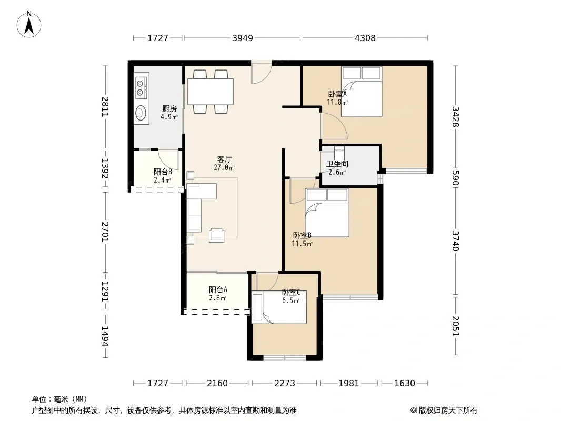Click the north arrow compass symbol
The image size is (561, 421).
(x=29, y=24)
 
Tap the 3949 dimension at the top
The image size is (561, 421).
(x=243, y=38)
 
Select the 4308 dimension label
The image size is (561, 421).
(x=365, y=38)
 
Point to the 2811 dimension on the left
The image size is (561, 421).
(x=105, y=107)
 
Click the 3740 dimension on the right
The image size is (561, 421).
(x=455, y=241)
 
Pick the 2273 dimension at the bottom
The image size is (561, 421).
(x=284, y=383)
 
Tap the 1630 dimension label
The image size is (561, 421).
(x=405, y=383)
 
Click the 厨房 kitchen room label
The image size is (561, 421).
(x=169, y=109)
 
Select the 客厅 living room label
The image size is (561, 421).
(x=224, y=159)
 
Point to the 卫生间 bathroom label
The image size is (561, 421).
(x=337, y=164)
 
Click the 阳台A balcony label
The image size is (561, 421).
(x=218, y=289)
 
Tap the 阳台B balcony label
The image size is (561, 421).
(x=163, y=172)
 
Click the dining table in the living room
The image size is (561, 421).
(x=211, y=92)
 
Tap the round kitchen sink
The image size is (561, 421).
(x=141, y=113)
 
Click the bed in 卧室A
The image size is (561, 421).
(x=362, y=92)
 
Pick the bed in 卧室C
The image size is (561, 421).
(x=279, y=307)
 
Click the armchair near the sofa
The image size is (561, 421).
(x=216, y=235)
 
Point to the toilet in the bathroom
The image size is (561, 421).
(x=339, y=154)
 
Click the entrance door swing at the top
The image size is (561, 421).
(x=261, y=73)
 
